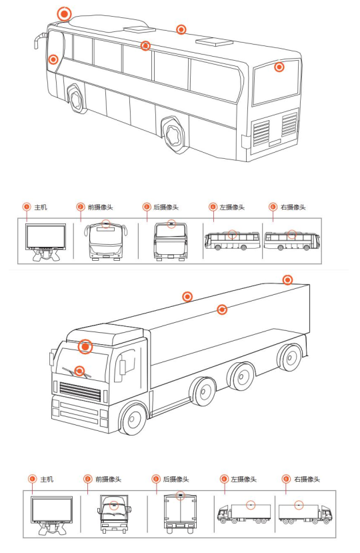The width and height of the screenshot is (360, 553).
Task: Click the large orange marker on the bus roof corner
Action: pos(64,14)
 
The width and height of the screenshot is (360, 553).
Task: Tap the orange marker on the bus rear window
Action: pos(279,67)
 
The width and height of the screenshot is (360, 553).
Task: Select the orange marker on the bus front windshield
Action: pos(53,59)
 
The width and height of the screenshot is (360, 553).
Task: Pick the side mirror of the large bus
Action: pos(39,41)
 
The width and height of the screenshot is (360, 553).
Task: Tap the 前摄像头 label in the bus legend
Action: pos(100,207)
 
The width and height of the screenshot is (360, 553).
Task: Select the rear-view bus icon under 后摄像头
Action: pos(171,241)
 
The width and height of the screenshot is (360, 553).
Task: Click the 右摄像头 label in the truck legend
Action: pos(307,480)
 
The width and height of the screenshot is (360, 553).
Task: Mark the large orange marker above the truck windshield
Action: pos(85,347)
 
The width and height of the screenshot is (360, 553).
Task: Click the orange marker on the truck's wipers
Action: pos(80,371)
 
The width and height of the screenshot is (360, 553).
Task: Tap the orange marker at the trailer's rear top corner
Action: pos(288,280)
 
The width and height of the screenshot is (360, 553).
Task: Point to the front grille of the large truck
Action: pos(81,390)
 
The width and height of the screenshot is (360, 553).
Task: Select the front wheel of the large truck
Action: pos(133,419)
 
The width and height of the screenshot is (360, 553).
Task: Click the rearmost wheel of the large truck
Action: pos(290,358)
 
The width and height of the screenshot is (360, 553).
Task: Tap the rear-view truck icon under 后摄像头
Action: pos(180,511)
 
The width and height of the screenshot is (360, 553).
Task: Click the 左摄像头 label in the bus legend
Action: pos(231,207)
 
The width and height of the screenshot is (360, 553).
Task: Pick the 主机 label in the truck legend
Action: pos(47,480)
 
